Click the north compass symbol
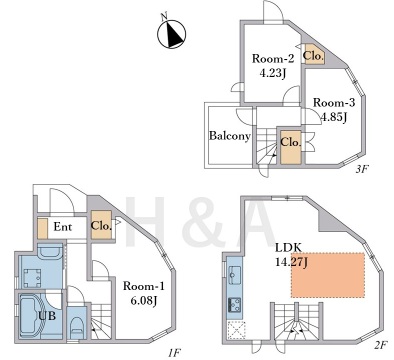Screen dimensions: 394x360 tap(171, 33)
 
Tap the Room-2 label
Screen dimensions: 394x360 tap(273, 59)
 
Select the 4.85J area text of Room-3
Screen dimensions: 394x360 tap(333, 117)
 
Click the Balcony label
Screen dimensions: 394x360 tap(230, 136)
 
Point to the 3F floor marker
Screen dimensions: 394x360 tap(361, 169)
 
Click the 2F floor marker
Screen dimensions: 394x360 tap(380, 345)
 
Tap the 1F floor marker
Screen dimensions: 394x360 tap(174, 352)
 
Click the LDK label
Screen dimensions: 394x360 tap(288, 247)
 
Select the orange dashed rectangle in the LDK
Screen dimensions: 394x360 tap(328, 275)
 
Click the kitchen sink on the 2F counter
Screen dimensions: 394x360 tap(235, 274)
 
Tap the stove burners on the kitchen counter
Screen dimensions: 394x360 tap(235, 305)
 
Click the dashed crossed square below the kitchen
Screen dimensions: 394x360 tap(236, 330)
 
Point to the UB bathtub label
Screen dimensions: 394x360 tap(47, 315)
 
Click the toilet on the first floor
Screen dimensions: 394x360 tap(77, 326)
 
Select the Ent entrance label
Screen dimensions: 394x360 tap(63, 227)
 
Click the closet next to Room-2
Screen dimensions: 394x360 tap(313, 55)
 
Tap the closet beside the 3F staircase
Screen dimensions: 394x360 tap(291, 146)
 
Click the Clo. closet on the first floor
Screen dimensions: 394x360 tap(101, 225)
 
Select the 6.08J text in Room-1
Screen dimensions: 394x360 tap(144, 301)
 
